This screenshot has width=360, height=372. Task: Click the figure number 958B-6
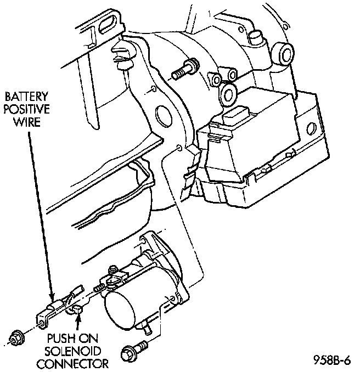point(332,360)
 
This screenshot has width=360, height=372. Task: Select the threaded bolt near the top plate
point(183,69)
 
